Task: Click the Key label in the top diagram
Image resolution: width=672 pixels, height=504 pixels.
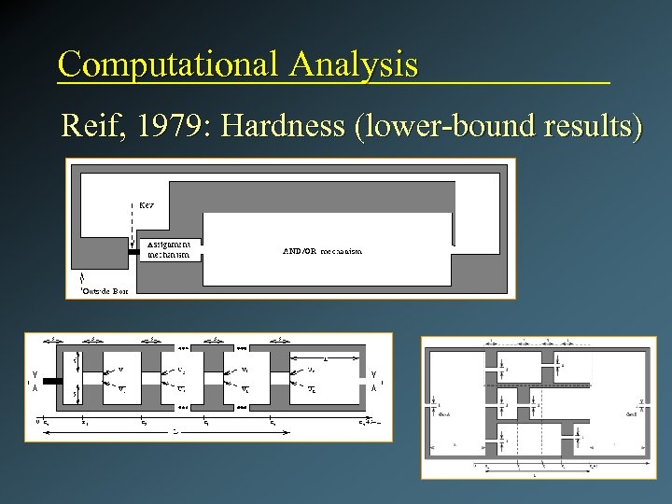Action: pos(147,203)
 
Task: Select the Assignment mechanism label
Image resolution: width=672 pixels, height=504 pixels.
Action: pos(168,248)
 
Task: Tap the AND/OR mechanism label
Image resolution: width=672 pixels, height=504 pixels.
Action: pos(322,251)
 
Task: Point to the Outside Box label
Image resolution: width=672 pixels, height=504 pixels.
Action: pos(105,291)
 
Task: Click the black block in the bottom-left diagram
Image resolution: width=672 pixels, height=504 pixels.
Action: pos(50,382)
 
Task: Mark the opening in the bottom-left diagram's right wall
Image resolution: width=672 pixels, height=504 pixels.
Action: pos(365,382)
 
